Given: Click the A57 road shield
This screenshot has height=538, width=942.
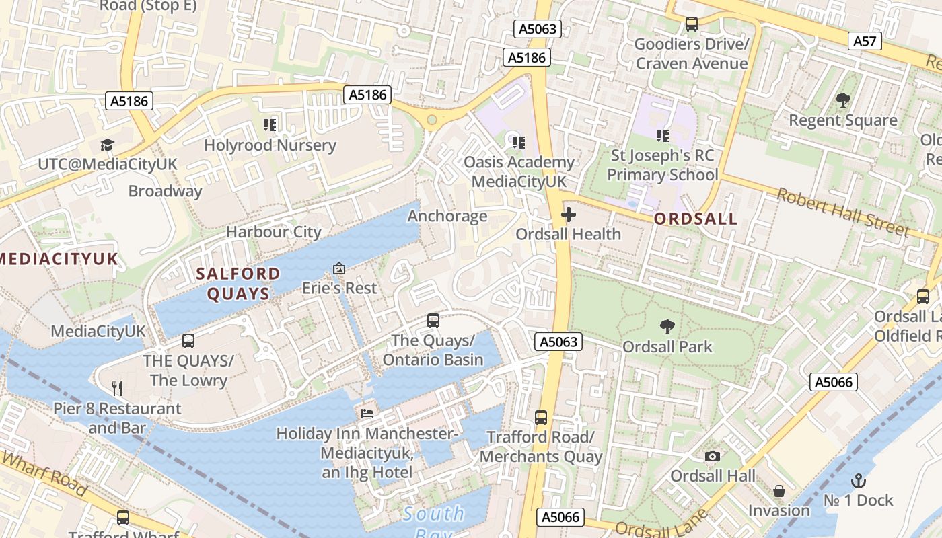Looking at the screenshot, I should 865,41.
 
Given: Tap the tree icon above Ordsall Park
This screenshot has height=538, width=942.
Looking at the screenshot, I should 667,327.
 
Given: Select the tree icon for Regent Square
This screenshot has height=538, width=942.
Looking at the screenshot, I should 842,101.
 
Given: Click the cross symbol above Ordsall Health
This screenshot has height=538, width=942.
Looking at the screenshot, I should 569,215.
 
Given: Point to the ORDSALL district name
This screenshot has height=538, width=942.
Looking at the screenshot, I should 696,219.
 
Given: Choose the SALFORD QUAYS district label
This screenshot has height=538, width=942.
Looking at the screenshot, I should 238,283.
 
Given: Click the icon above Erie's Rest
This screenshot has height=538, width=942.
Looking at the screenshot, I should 339,268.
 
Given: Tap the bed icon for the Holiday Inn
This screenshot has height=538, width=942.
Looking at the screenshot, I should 367,413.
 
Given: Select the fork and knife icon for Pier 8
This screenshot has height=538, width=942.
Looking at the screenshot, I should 117,388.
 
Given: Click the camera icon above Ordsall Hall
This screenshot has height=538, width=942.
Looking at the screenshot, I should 713,457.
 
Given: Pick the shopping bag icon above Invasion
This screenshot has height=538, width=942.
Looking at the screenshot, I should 779,491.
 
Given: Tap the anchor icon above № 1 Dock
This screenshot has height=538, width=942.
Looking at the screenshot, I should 858,480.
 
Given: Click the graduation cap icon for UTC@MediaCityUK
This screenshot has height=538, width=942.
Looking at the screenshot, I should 107,145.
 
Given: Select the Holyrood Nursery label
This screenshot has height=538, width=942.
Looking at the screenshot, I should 270,145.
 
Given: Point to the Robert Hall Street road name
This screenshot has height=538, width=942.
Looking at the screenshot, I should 844,212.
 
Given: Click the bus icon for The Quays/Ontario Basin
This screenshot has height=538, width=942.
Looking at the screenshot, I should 433,321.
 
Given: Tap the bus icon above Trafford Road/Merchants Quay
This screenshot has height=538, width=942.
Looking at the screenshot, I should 541,418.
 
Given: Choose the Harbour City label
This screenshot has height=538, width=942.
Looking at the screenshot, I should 273,232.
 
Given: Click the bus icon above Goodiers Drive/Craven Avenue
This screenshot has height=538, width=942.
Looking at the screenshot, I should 692,25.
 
